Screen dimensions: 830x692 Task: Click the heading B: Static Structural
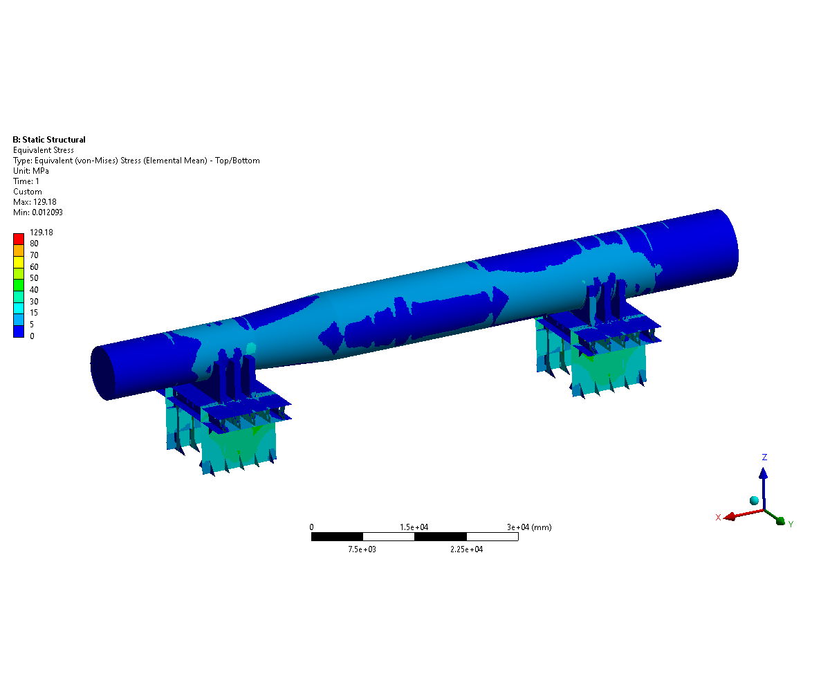49,140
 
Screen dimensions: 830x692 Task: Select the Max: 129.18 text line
35,201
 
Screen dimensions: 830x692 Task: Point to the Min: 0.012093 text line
38,212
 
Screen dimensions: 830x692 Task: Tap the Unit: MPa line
30,171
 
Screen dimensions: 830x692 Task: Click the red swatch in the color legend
19,239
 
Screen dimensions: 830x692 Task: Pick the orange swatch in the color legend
19,251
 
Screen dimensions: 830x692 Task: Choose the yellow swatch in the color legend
19,262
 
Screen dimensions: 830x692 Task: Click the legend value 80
34,244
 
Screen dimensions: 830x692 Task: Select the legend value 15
34,313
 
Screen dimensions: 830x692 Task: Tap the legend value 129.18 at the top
41,233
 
